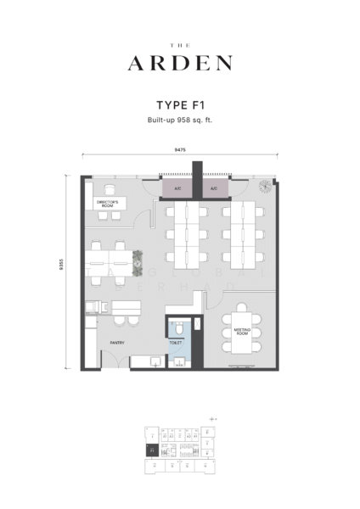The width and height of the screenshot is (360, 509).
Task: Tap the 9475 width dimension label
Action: [179, 149]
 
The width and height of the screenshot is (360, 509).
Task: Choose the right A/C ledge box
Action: [214, 187]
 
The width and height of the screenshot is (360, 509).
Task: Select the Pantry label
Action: [117, 343]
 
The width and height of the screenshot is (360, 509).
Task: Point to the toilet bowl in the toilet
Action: [178, 329]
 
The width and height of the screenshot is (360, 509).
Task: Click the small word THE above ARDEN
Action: [179, 44]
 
